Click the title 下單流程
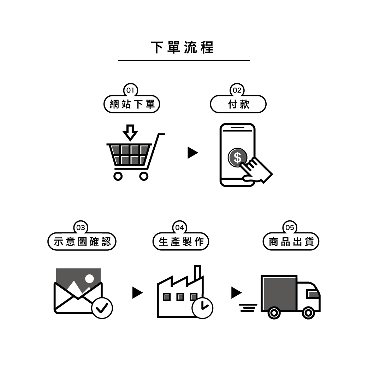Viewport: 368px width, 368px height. pos(182,47)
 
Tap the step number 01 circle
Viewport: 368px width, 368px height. pos(130,90)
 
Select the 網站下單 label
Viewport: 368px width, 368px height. pos(132,104)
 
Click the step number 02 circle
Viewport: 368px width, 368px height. pos(237,90)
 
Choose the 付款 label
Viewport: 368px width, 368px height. pos(238,104)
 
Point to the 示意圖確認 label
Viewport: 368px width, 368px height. pos(82,242)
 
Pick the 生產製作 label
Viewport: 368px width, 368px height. pos(181,242)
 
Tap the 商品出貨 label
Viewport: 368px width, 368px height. pos(291,242)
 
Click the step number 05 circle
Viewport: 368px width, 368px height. pos(290,227)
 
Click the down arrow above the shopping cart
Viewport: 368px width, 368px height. pos(130,132)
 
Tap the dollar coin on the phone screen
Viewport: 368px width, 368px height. pos(237,158)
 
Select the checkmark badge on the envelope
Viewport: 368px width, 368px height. pos(102,308)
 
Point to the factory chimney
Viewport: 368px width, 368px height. pos(198,273)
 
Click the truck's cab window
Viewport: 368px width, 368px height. pos(313,294)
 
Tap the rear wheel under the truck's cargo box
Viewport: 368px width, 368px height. pos(274,313)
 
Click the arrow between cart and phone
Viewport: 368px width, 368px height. pos(193,153)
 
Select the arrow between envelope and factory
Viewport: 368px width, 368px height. pos(137,293)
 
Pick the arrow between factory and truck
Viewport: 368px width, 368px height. pos(237,293)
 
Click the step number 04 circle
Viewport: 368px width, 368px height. pos(180,227)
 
